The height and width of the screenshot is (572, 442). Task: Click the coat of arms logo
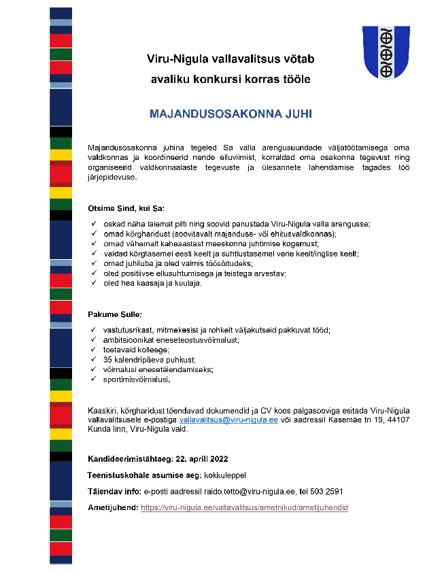[x=386, y=52]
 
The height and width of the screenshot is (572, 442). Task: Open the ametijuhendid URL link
[x=244, y=507]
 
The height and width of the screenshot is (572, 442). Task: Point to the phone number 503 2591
[x=327, y=490]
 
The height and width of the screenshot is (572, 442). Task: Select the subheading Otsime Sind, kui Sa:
[x=126, y=207]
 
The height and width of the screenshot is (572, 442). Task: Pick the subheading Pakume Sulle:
[x=114, y=314]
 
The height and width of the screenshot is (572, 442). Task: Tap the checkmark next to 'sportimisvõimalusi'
[x=93, y=380]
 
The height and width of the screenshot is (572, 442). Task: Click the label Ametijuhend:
[x=113, y=507]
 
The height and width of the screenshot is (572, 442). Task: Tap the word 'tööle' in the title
[x=296, y=80]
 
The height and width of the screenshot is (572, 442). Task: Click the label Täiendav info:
[x=115, y=490]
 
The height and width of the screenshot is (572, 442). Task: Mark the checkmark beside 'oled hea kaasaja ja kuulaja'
[x=93, y=284]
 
